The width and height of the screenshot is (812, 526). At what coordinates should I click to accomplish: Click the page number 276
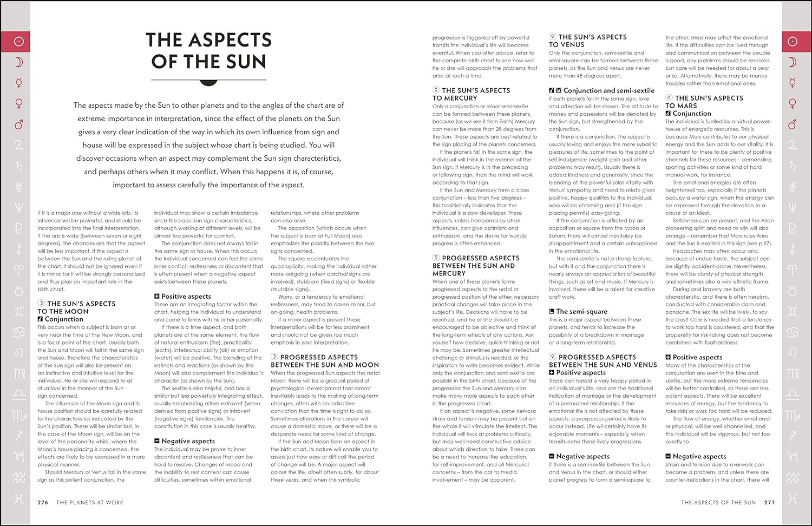click(x=43, y=503)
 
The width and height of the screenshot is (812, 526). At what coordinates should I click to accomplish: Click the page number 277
click(x=769, y=503)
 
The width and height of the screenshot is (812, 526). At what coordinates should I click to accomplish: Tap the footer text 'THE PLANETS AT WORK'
click(x=90, y=503)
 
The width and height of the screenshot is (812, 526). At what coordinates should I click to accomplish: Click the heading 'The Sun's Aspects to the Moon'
click(x=76, y=307)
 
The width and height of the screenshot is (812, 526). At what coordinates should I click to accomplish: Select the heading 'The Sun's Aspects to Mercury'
click(x=471, y=94)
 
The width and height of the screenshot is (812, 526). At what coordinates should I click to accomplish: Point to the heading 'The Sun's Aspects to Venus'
click(x=587, y=41)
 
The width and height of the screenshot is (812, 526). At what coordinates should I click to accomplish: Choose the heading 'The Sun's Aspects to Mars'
click(x=704, y=102)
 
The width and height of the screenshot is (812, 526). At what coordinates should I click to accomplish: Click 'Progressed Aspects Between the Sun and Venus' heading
click(x=603, y=361)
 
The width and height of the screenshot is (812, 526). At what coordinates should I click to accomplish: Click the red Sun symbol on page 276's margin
click(x=19, y=42)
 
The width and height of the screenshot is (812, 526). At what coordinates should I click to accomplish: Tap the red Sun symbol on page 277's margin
click(x=793, y=42)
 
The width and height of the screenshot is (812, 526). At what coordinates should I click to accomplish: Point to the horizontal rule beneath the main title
click(x=208, y=80)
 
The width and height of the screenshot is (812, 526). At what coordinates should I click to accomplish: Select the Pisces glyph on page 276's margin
click(x=19, y=498)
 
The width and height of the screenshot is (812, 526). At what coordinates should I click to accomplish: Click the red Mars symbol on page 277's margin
click(x=793, y=124)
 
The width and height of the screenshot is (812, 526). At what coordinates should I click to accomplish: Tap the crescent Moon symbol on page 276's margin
click(x=19, y=63)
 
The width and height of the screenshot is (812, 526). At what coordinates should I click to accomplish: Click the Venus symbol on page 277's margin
click(x=793, y=103)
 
